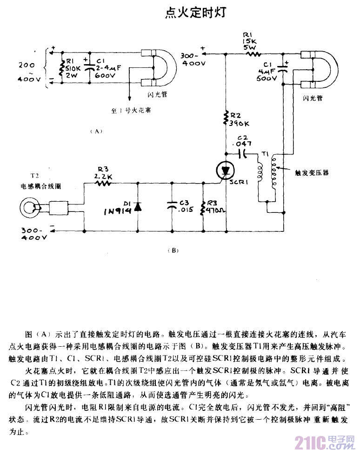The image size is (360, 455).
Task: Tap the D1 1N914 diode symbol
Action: pyautogui.click(x=138, y=206)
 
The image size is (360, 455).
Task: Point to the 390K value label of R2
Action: pyautogui.click(x=240, y=123)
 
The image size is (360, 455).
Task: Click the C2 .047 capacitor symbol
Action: pyautogui.click(x=241, y=152)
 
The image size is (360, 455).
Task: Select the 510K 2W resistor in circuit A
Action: pyautogui.click(x=62, y=69)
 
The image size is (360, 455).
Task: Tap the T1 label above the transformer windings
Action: pyautogui.click(x=266, y=152)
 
